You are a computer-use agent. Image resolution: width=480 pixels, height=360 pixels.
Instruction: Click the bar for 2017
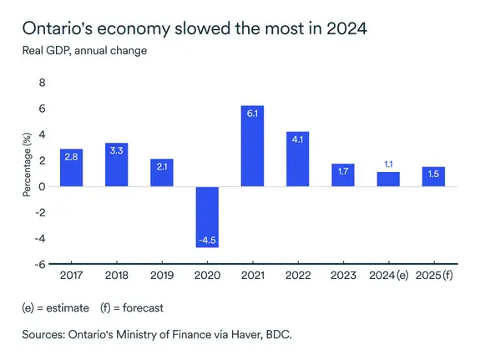tap(71, 168)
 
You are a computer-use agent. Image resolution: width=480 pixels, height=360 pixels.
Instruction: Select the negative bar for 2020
tap(207, 217)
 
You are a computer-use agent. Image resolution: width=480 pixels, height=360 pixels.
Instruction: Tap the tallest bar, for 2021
tap(252, 146)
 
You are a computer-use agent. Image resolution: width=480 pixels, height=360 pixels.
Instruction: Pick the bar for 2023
tap(342, 175)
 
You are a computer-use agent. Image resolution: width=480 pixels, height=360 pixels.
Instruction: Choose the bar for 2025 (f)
tap(432, 176)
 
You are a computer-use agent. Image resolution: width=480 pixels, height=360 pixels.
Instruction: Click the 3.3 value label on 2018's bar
tap(116, 153)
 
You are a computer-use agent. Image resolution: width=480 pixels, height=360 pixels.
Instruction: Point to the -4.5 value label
tap(207, 241)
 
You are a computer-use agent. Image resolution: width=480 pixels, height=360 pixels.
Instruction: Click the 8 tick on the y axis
tap(42, 84)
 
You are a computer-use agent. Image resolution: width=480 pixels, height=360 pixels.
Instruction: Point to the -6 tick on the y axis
tap(39, 265)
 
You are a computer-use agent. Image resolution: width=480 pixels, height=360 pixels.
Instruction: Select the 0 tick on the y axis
tap(42, 187)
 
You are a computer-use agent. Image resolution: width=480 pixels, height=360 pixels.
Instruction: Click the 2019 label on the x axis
tap(161, 276)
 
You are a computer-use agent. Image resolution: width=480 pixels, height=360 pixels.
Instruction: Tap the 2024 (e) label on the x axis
tap(387, 276)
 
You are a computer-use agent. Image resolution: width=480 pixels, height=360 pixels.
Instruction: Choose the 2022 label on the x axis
tap(297, 276)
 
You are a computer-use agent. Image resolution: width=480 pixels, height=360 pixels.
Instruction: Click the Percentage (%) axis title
tap(27, 161)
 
